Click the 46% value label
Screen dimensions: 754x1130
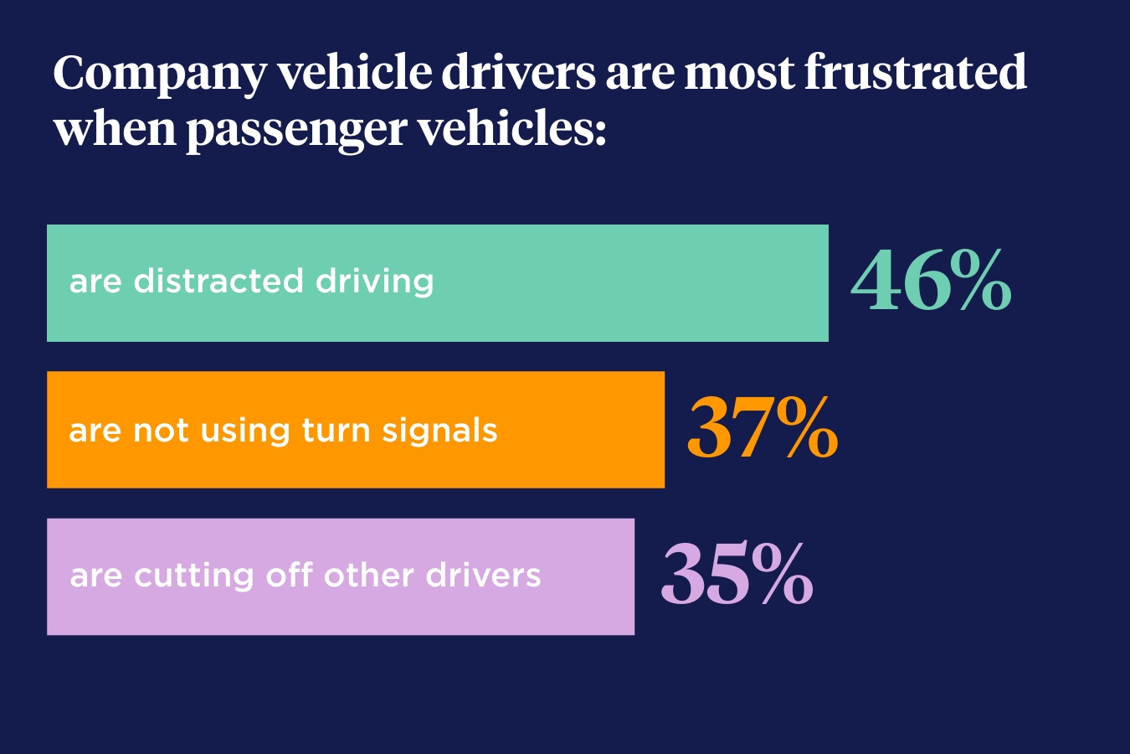[931, 281]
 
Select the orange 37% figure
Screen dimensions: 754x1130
[763, 429]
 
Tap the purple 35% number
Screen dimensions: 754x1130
[737, 576]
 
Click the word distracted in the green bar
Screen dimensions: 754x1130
[218, 281]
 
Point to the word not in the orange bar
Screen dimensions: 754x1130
[161, 431]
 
